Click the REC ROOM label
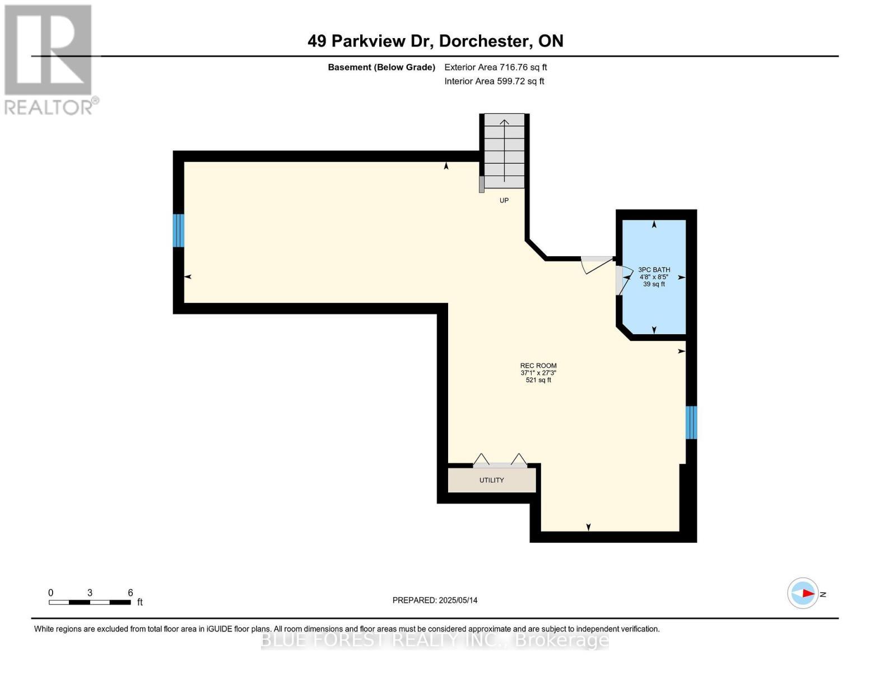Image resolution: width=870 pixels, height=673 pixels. tap(538, 366)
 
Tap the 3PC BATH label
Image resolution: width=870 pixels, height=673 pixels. tap(654, 270)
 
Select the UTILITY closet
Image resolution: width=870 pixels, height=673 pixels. tap(491, 480)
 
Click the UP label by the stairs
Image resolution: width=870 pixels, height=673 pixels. tap(504, 200)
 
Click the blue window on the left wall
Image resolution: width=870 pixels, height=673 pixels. tap(178, 231)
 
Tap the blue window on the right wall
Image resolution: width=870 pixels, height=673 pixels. tap(691, 422)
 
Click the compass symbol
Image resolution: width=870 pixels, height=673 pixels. tap(803, 593)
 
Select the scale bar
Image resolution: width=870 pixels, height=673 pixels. tap(90, 602)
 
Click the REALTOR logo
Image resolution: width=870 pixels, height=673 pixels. tap(49, 59)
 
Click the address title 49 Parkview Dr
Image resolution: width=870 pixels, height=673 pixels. tap(435, 41)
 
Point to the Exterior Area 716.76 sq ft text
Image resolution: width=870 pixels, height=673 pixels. tap(495, 67)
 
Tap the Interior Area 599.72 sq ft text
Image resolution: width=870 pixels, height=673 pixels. tap(494, 81)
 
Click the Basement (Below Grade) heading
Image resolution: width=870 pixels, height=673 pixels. tap(381, 67)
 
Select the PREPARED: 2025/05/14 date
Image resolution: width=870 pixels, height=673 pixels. tap(435, 600)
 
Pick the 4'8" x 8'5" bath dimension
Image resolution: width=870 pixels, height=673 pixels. tap(654, 277)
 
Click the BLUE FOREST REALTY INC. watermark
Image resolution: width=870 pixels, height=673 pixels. tap(435, 640)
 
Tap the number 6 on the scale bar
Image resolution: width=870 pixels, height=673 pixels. tap(130, 593)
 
